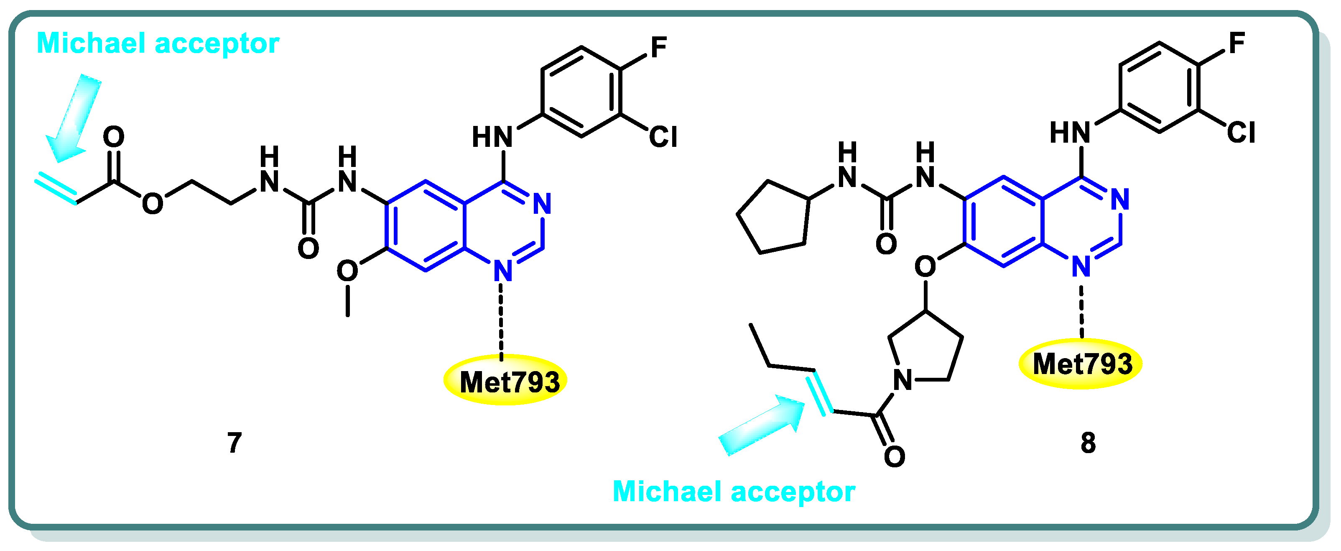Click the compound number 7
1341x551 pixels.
[x=234, y=443]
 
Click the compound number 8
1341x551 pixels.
[x=1088, y=443]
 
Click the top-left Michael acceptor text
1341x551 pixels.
[x=158, y=43]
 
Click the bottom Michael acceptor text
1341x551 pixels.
[x=734, y=491]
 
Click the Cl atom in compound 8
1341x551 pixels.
[x=1241, y=133]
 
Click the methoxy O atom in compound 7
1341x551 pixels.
[x=347, y=271]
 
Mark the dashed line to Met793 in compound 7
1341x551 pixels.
[x=501, y=320]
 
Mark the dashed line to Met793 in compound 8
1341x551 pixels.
[x=1081, y=311]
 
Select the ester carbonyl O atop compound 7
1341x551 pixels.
[x=113, y=137]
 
